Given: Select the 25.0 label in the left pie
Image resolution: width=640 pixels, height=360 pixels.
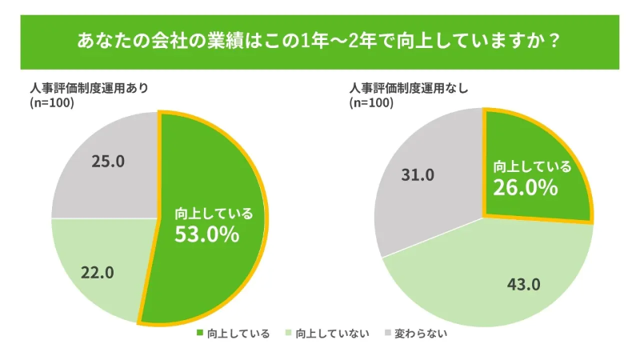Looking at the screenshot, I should (108, 162).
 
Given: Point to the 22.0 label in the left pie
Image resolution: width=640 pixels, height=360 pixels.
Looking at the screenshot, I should (98, 272).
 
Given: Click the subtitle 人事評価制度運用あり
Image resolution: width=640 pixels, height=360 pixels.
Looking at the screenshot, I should (89, 88).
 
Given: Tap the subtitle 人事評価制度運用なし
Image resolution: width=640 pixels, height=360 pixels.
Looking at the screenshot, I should (408, 88).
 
